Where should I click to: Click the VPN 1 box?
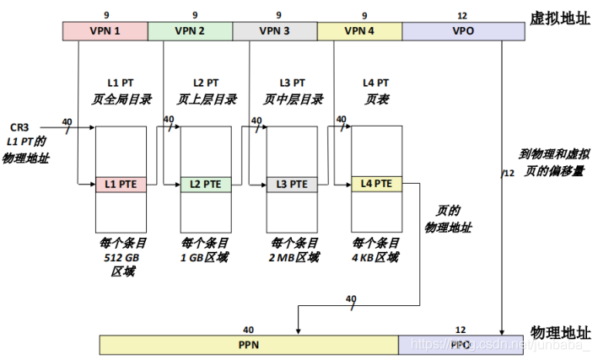coord(105,31)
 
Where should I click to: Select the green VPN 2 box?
coord(191,31)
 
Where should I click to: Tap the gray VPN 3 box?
coord(275,31)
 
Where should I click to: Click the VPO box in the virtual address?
coord(463,31)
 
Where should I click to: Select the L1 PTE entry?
coord(121,184)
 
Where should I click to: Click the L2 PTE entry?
coord(206,184)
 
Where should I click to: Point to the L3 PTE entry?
coord(292,184)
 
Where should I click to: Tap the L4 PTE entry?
coord(376,184)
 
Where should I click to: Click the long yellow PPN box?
coord(249,345)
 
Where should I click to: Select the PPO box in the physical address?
coord(461,345)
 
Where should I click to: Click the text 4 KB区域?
coord(376,258)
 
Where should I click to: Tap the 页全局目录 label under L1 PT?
coord(122,99)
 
